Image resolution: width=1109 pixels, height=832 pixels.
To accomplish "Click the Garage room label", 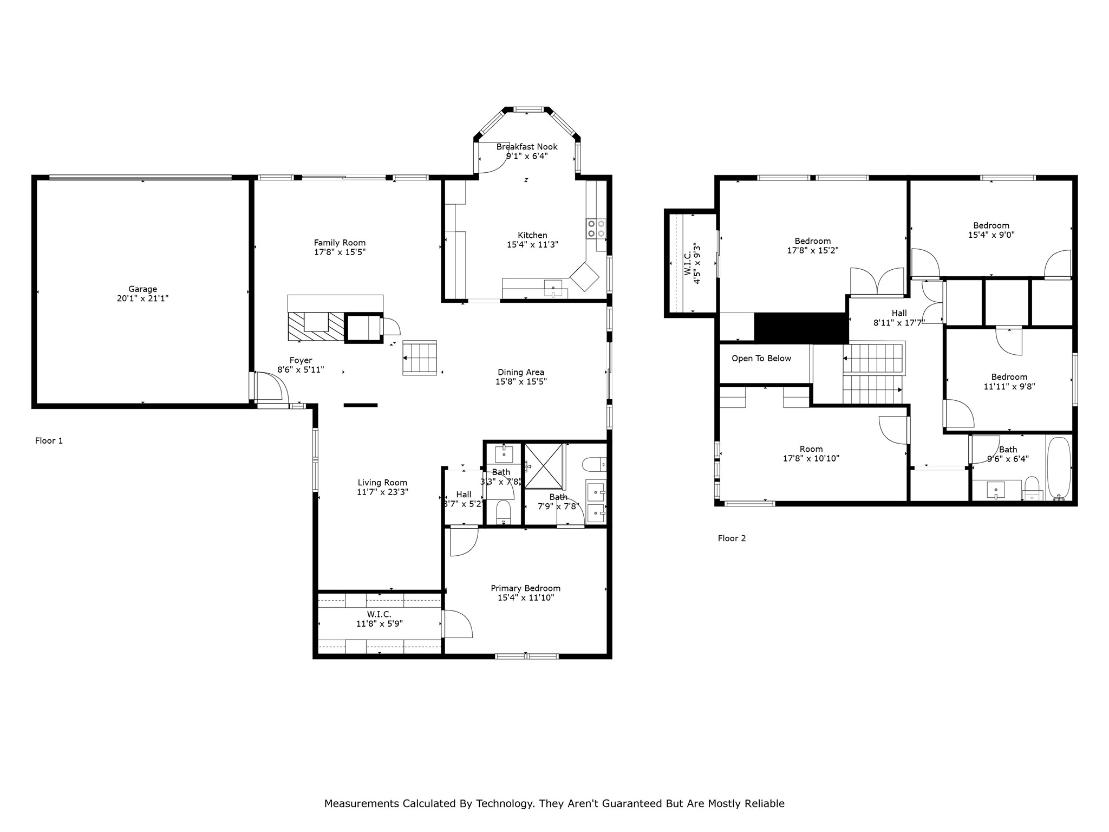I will (x=142, y=289).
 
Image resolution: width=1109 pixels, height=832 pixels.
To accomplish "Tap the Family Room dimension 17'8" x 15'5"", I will (x=340, y=252).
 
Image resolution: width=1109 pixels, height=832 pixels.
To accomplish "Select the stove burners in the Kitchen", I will (x=596, y=229).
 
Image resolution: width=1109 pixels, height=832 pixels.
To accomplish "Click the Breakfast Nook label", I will (x=526, y=147).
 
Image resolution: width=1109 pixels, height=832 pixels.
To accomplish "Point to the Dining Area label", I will (x=520, y=372).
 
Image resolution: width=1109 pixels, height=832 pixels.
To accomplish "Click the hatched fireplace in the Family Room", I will (x=316, y=327).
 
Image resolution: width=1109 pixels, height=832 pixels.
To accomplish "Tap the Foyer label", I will (x=301, y=360).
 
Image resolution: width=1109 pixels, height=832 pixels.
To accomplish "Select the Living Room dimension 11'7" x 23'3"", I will (x=382, y=492).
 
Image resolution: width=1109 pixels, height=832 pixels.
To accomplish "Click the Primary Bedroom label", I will (x=525, y=588).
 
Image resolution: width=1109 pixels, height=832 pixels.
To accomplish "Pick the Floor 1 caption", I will (x=49, y=441).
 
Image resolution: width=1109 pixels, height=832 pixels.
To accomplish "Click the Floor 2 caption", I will (x=732, y=538).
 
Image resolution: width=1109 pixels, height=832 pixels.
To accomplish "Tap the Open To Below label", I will (x=761, y=359).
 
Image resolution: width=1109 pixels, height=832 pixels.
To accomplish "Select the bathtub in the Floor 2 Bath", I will (x=1059, y=469).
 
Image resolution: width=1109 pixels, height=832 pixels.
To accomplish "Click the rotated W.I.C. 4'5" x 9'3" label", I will (x=692, y=264).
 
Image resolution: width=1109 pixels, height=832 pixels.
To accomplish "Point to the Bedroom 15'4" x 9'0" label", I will (x=991, y=230).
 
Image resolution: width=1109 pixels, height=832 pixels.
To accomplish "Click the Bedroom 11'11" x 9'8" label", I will (x=1009, y=382).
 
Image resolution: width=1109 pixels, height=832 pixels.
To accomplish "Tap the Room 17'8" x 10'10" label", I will (x=811, y=453).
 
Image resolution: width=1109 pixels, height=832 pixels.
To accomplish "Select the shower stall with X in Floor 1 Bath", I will (x=544, y=466).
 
